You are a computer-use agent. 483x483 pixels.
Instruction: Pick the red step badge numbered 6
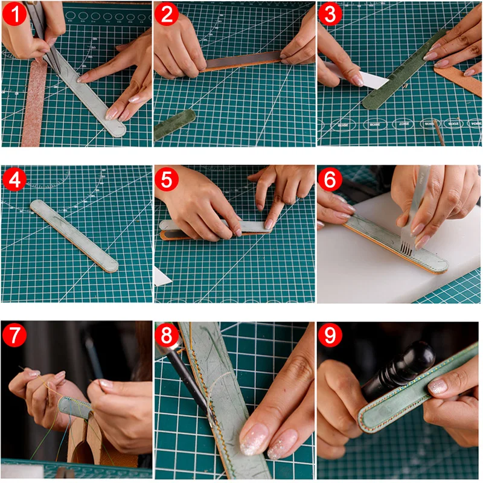[x=329, y=179]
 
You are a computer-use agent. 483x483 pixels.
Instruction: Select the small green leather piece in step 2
[x=174, y=124]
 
